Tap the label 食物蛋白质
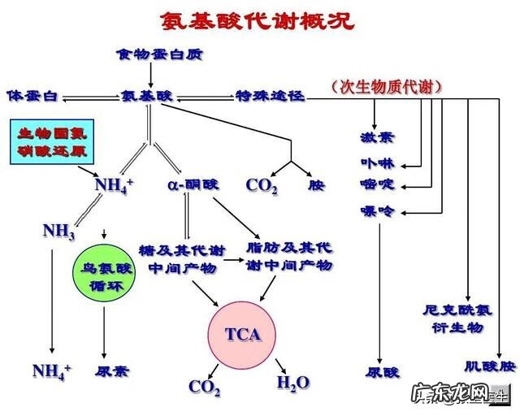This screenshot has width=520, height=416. coord(159,55)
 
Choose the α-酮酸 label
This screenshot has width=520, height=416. coord(193,184)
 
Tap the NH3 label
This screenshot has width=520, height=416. coord(59,232)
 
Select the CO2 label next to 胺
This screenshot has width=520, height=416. coord(262,185)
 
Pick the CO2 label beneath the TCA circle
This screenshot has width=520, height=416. coord(204,386)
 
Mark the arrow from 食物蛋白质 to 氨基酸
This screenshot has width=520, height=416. coord(152,76)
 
